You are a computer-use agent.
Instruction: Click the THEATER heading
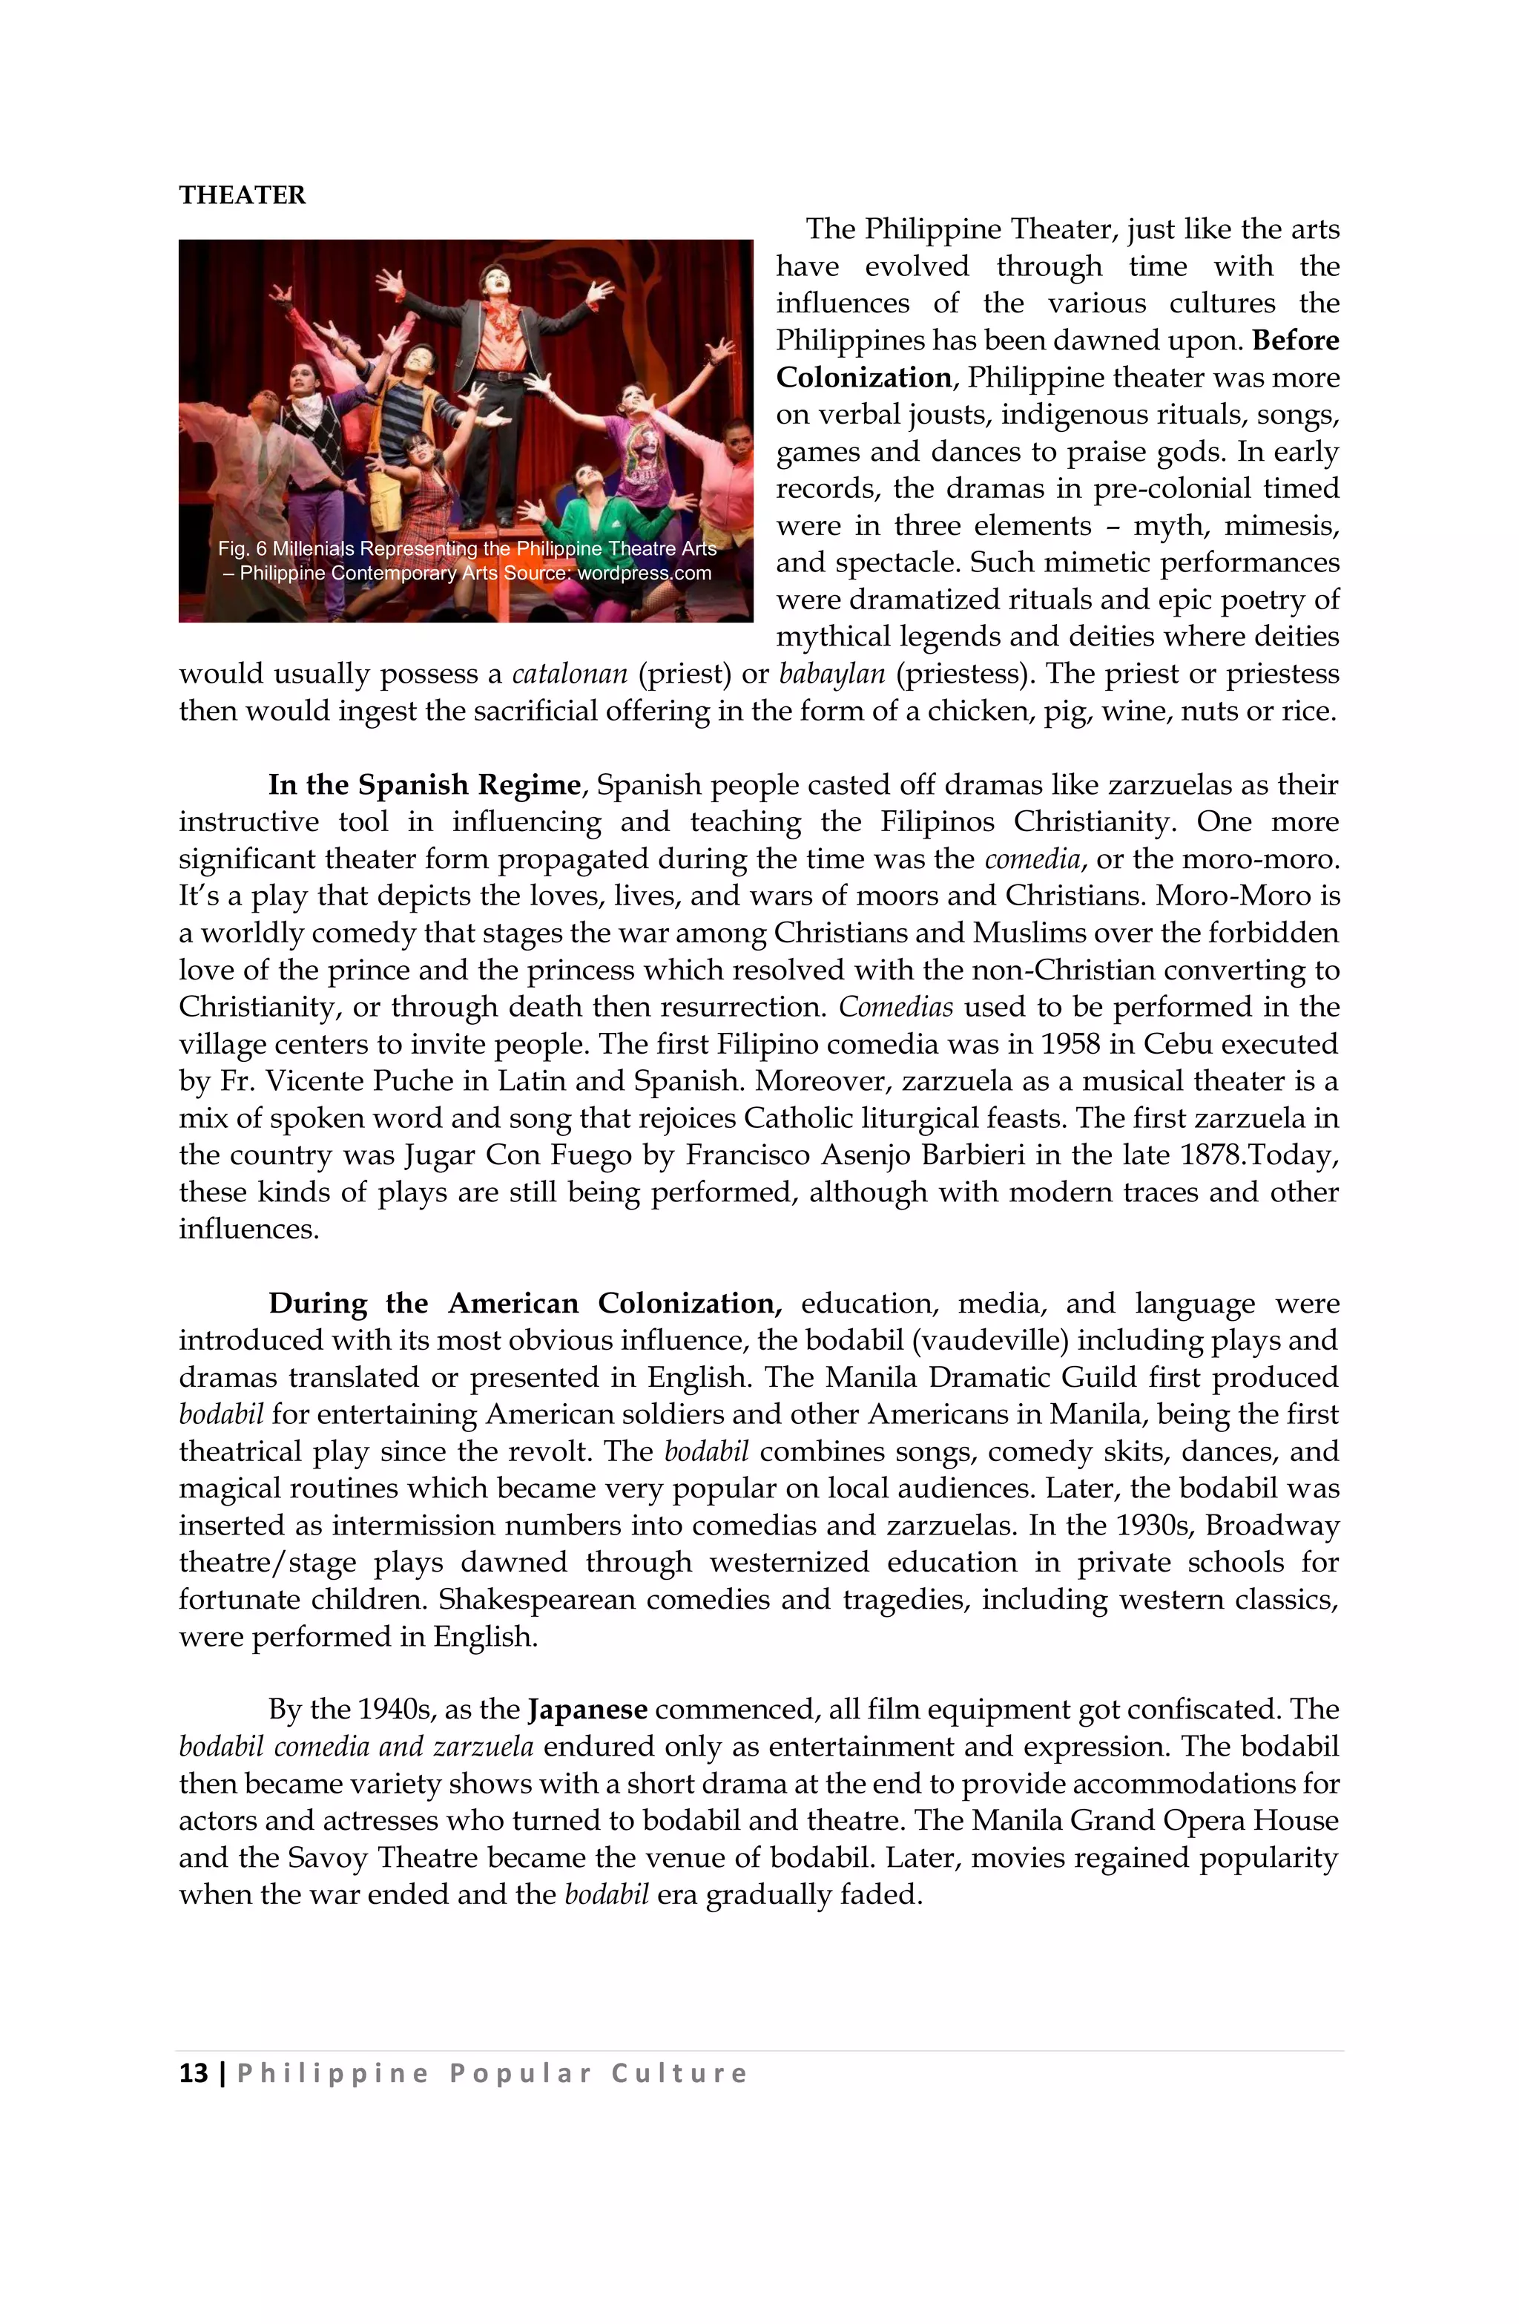coord(242,195)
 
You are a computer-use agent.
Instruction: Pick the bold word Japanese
coord(587,1710)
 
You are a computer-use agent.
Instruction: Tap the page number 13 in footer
coord(194,2073)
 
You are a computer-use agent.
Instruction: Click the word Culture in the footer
coord(679,2073)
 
